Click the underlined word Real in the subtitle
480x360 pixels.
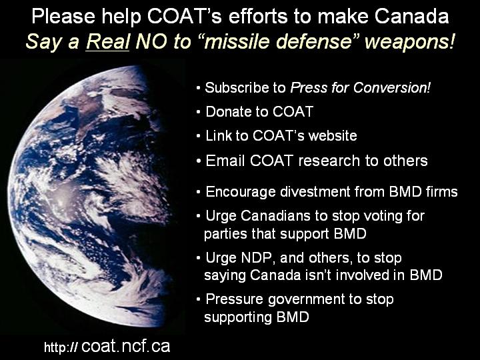[107, 41]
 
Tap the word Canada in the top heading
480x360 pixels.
[412, 16]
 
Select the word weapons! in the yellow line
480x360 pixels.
[409, 42]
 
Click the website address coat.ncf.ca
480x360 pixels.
[125, 346]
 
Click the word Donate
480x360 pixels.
[227, 111]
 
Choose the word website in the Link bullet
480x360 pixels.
[333, 135]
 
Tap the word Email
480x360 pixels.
[225, 161]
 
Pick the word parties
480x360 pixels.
[225, 234]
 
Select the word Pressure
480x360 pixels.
[235, 299]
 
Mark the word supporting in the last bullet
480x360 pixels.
[238, 317]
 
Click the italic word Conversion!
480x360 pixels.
[392, 87]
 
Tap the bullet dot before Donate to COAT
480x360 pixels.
[199, 113]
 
